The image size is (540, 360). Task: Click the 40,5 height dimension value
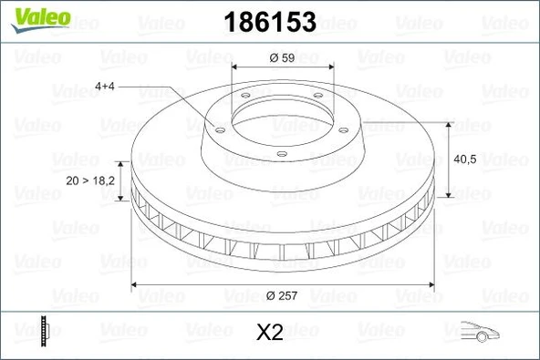pyautogui.click(x=466, y=159)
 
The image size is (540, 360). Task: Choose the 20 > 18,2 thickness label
pyautogui.click(x=90, y=180)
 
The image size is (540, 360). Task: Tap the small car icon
pyautogui.click(x=480, y=332)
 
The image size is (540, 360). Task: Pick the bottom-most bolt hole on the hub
pyautogui.click(x=282, y=152)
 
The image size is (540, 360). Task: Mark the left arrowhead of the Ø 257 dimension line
pyautogui.click(x=137, y=285)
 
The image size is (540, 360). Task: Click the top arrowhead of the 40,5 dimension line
pyautogui.click(x=449, y=123)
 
